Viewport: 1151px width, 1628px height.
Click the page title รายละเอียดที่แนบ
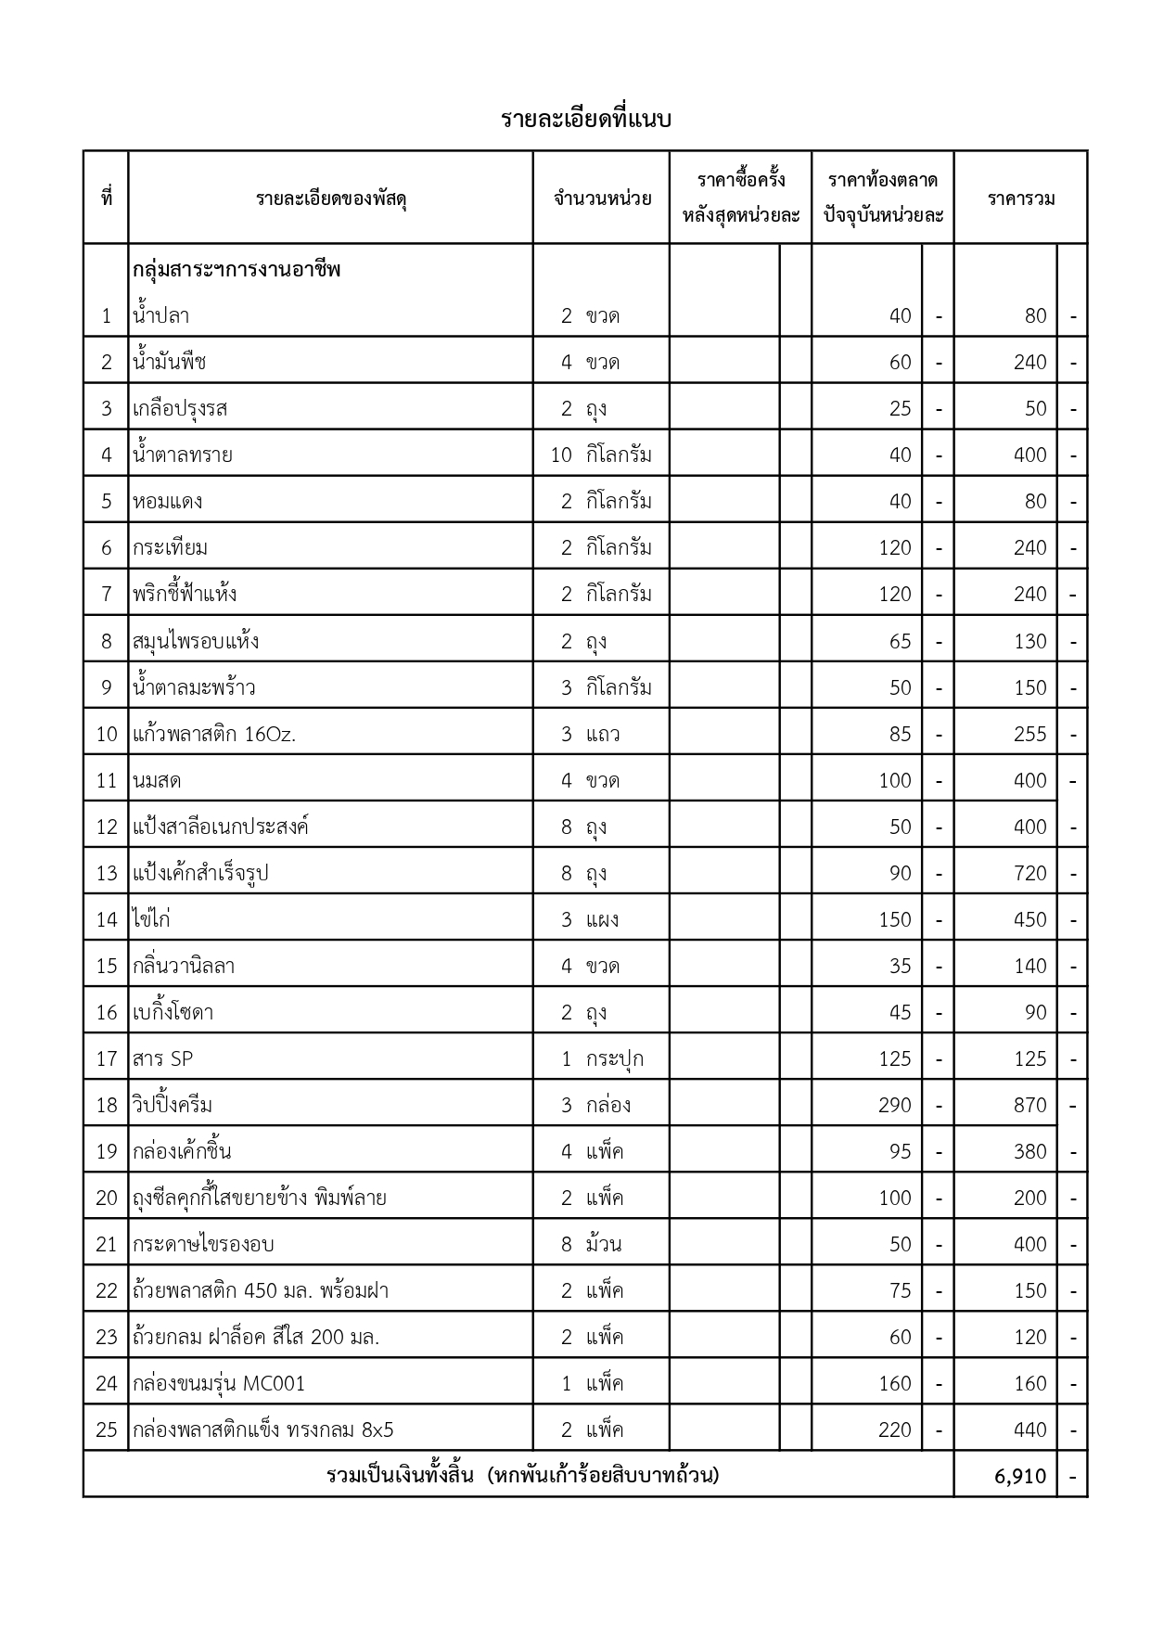[x=585, y=120]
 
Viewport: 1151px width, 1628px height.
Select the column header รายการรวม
[x=1020, y=199]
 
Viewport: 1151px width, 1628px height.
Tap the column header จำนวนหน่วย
[x=602, y=199]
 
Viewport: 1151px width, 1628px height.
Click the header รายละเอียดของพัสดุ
[x=331, y=199]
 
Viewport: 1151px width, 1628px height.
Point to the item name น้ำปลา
[x=161, y=316]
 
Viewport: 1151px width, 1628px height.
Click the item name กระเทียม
[x=171, y=548]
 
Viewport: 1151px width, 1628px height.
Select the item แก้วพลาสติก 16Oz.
[x=214, y=735]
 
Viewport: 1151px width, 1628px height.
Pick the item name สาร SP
[x=163, y=1059]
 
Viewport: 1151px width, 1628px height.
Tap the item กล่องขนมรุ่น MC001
[x=219, y=1384]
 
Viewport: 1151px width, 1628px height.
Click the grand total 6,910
[x=1020, y=1476]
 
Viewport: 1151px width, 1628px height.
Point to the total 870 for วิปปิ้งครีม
[x=1030, y=1106]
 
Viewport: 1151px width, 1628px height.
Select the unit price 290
[x=894, y=1106]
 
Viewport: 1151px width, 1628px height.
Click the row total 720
[x=1030, y=874]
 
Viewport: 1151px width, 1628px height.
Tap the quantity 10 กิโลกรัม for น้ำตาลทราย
[x=601, y=455]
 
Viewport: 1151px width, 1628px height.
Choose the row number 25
[x=107, y=1430]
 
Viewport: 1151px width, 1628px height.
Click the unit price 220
[x=894, y=1430]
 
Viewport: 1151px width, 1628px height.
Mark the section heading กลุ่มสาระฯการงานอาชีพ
[x=237, y=270]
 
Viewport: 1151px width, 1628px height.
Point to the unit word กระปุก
[x=614, y=1059]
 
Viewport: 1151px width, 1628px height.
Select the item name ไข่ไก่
[x=152, y=920]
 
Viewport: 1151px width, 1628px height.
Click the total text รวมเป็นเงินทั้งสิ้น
[x=401, y=1475]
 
